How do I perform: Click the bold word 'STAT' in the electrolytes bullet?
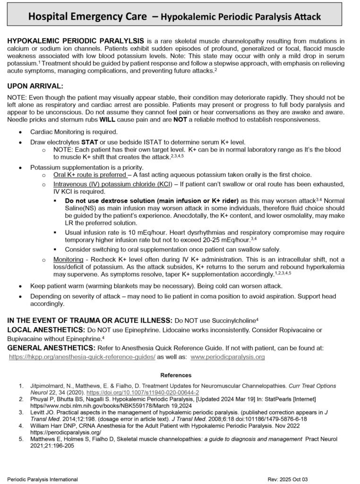point(89,142)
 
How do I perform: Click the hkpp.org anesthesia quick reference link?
point(82,357)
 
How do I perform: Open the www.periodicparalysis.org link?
point(228,357)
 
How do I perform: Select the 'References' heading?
point(176,375)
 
